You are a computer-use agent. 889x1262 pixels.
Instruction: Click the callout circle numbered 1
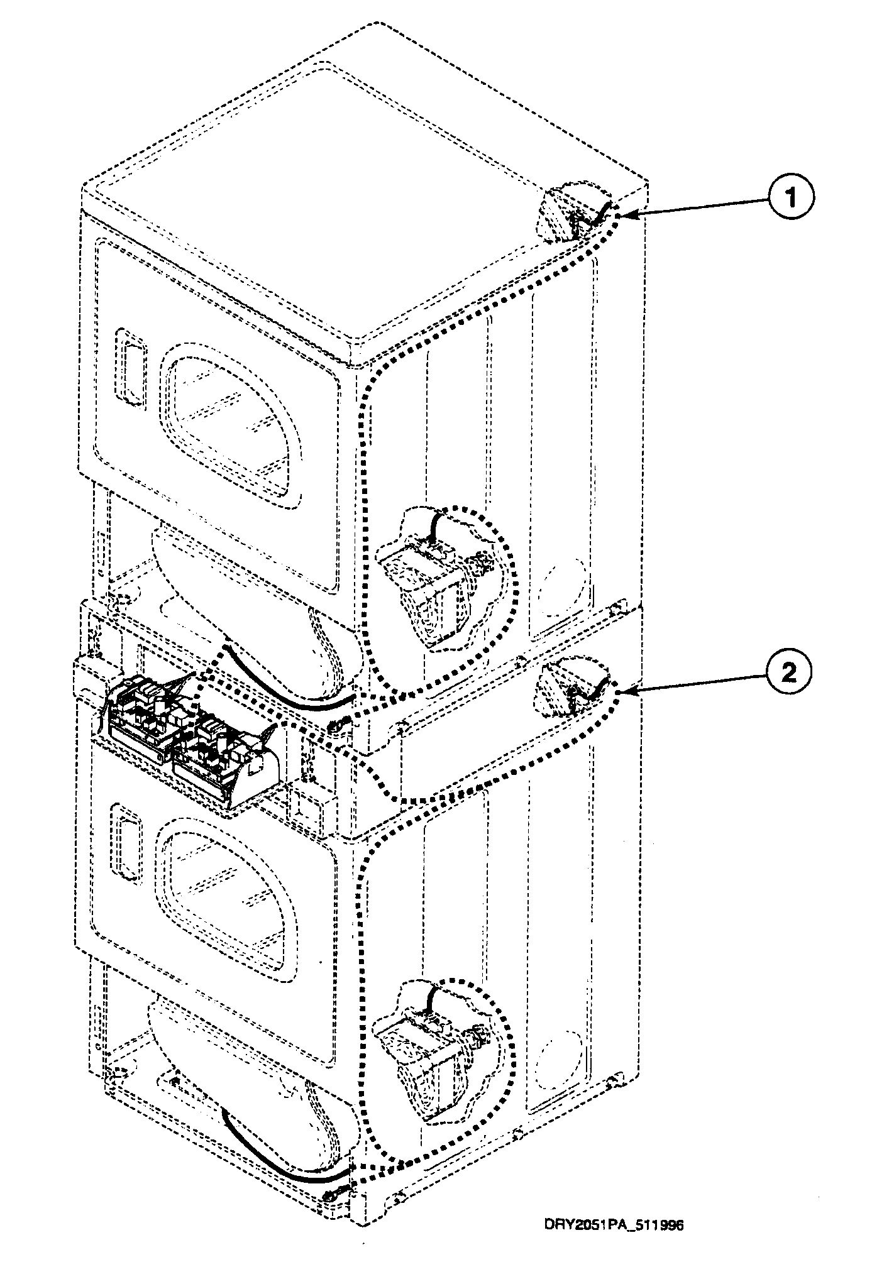click(x=789, y=197)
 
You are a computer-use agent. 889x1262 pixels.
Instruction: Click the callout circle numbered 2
click(x=789, y=674)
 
